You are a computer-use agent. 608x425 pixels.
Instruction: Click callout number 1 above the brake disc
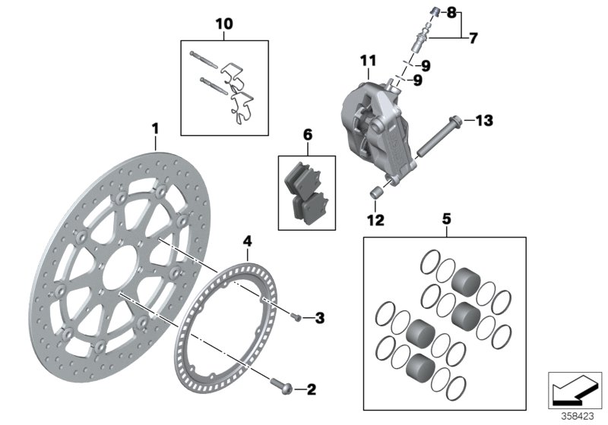click(x=154, y=130)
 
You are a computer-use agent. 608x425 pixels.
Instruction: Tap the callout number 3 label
click(x=319, y=317)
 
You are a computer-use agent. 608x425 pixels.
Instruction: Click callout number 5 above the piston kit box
click(x=446, y=219)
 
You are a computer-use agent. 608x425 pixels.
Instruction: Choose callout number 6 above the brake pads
click(x=307, y=135)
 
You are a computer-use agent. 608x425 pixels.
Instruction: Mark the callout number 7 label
click(x=472, y=36)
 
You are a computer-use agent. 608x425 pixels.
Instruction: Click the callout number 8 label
click(x=472, y=13)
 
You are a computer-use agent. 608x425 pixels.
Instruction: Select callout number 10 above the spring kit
click(x=224, y=24)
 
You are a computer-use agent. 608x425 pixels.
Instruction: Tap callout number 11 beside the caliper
click(x=368, y=60)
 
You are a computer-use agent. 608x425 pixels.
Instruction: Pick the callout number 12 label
click(x=375, y=221)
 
